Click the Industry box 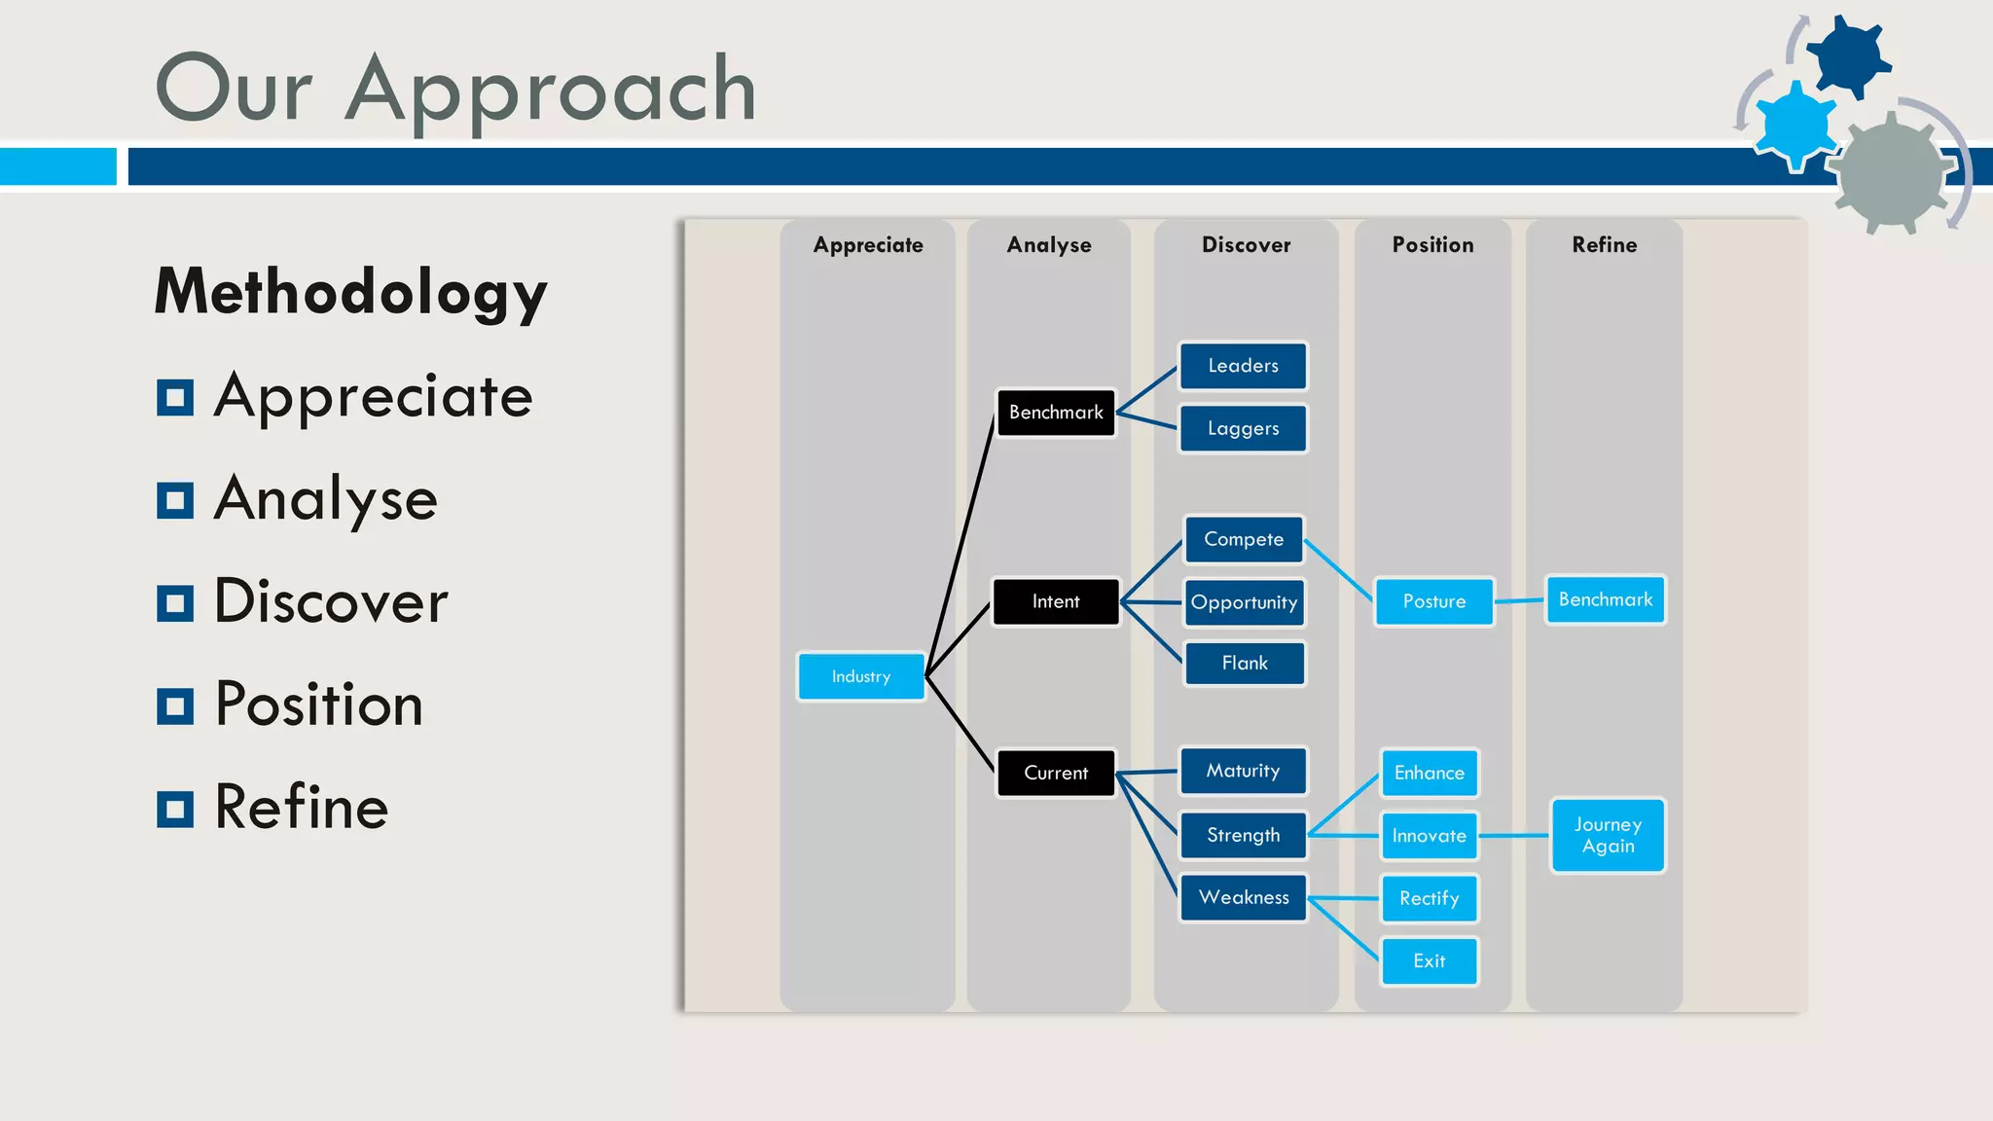coord(861,676)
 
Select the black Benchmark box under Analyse coord(1056,413)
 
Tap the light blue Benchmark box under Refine coord(1605,599)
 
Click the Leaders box coord(1243,366)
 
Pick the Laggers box coord(1243,428)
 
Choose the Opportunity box coord(1244,602)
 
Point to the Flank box coord(1245,664)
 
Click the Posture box coord(1433,601)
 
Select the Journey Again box coord(1608,835)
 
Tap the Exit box coord(1429,961)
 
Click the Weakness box coord(1244,897)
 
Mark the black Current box coord(1056,773)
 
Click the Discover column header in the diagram coord(1246,245)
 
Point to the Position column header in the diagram coord(1432,245)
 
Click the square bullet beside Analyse coord(175,500)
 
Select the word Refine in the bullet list coord(302,807)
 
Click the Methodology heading coord(351,292)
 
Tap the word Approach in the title coord(551,90)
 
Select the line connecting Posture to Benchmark coord(1519,601)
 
